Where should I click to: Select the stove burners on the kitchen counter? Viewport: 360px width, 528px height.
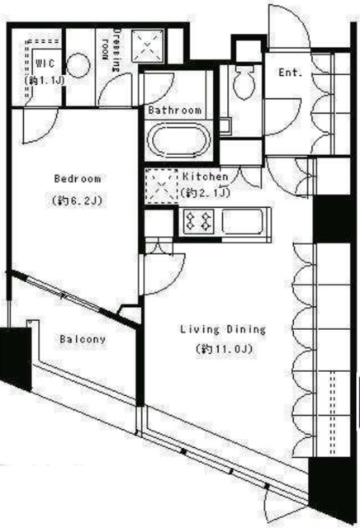pyautogui.click(x=198, y=222)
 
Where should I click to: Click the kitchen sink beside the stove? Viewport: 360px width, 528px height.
pyautogui.click(x=243, y=221)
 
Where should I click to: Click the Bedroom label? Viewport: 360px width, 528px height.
pyautogui.click(x=78, y=178)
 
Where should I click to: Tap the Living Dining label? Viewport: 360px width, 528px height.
pyautogui.click(x=223, y=329)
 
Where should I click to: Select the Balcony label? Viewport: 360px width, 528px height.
pyautogui.click(x=83, y=339)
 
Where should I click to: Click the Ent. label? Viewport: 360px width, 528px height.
pyautogui.click(x=290, y=73)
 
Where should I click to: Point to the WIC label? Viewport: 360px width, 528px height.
pyautogui.click(x=45, y=64)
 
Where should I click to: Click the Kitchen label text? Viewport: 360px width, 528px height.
pyautogui.click(x=206, y=177)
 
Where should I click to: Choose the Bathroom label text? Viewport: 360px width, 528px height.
pyautogui.click(x=174, y=110)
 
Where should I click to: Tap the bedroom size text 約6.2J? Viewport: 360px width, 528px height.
pyautogui.click(x=77, y=200)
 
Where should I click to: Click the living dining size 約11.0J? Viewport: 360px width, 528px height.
pyautogui.click(x=224, y=349)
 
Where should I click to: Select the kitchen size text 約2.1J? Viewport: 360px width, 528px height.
pyautogui.click(x=206, y=192)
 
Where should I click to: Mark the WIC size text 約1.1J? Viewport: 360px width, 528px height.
pyautogui.click(x=44, y=81)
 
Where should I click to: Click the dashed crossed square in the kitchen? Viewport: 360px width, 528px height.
pyautogui.click(x=161, y=186)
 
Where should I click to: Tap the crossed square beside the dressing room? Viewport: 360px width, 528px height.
pyautogui.click(x=148, y=46)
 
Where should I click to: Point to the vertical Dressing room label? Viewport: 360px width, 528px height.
pyautogui.click(x=111, y=49)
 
